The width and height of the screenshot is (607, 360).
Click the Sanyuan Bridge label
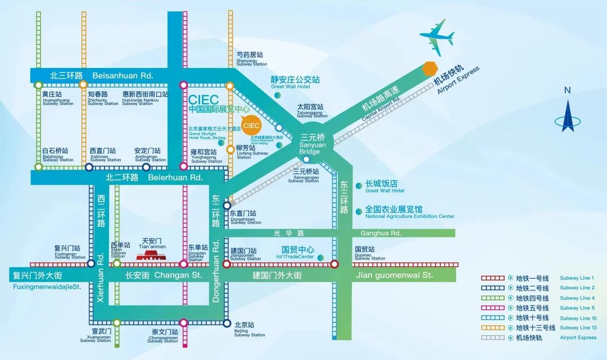(310, 144)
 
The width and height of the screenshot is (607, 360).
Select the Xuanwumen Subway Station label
(96, 335)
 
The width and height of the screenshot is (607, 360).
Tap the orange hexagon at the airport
(430, 69)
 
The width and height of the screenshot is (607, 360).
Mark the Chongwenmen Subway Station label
(163, 335)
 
